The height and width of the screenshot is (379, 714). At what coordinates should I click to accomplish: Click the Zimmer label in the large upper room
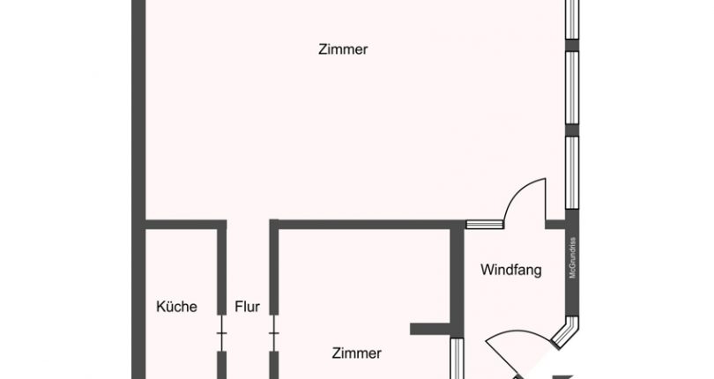(x=343, y=50)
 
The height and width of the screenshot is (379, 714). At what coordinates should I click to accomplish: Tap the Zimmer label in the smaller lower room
(x=357, y=353)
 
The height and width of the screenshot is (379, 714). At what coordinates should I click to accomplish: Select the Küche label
(x=176, y=307)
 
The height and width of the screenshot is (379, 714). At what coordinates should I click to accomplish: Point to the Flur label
(x=247, y=307)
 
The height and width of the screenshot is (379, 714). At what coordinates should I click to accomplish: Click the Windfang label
(x=510, y=271)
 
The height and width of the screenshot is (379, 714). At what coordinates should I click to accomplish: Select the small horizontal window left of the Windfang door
(x=484, y=225)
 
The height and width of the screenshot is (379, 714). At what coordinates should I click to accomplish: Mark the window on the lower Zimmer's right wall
(x=457, y=360)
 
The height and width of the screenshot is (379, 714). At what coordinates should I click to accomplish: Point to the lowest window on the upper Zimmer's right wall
(x=572, y=172)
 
